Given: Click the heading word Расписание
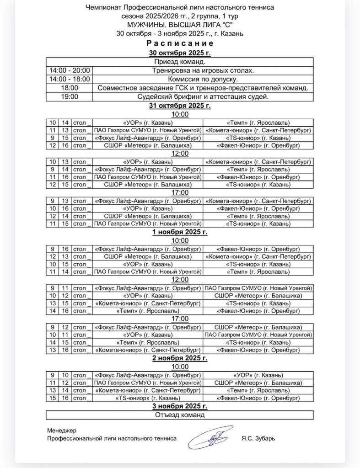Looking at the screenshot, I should coord(180,44).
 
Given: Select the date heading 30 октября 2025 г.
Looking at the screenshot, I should coord(180,53).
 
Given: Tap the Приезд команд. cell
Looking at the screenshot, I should coord(180,62).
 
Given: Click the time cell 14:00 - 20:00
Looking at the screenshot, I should coord(70,70).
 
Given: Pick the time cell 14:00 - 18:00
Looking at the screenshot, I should coord(70,79).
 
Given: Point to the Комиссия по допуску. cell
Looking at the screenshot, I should coord(203,79).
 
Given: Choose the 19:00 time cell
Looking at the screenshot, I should coord(70,96).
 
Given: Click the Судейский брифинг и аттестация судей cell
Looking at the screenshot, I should coord(203,96).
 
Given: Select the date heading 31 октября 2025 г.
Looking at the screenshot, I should coord(180,106).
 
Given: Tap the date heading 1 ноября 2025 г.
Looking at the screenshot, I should coord(180,232).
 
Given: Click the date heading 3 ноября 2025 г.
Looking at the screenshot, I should coord(180,406).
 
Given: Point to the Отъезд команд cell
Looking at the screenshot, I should coord(180,415).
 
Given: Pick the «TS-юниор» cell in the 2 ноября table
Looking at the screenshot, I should coord(147,399).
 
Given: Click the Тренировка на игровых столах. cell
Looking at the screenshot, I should coord(203,70).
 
